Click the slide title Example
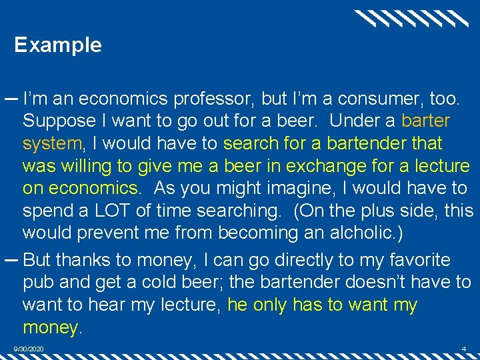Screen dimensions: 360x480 pyautogui.click(x=58, y=45)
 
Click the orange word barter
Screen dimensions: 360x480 pyautogui.click(x=425, y=122)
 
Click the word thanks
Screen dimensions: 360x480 pyautogui.click(x=92, y=260)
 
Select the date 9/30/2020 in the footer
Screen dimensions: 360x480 pyautogui.click(x=29, y=349)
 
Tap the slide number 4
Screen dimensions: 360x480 pyautogui.click(x=463, y=349)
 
